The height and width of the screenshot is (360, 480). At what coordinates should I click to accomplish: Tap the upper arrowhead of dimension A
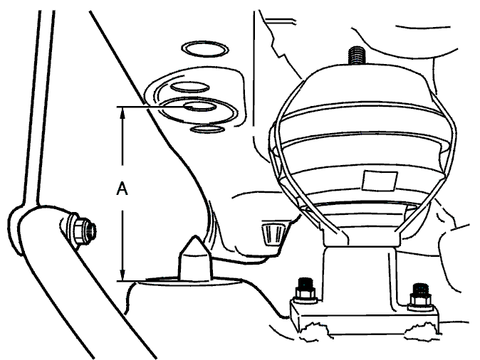(122, 112)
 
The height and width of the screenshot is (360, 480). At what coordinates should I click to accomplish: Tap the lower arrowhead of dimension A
(122, 274)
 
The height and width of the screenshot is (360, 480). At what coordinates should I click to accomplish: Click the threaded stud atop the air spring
(357, 55)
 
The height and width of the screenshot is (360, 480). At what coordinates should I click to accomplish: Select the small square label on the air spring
(380, 181)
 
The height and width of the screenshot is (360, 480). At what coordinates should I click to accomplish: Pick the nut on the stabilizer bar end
(81, 229)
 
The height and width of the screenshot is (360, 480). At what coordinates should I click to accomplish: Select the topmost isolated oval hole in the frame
(205, 49)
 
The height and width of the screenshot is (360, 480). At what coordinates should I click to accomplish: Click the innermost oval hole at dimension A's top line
(200, 107)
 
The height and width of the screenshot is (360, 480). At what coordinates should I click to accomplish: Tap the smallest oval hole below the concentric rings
(207, 129)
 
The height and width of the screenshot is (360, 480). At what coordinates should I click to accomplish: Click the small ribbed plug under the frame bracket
(273, 233)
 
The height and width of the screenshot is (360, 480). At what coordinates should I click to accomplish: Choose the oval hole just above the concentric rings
(190, 88)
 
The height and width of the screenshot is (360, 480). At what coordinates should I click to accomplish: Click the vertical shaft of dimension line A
(122, 194)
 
